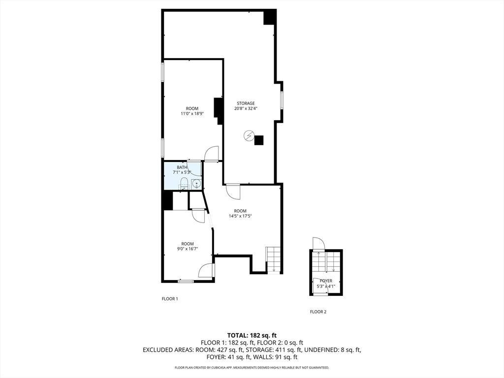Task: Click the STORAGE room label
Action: pos(246,103)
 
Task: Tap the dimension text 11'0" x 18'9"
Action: pos(192,114)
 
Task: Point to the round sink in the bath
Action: pos(196,185)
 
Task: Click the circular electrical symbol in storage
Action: pos(249,135)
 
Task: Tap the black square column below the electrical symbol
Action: pos(258,140)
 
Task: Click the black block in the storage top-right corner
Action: pos(270,17)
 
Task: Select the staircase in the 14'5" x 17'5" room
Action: pos(273,259)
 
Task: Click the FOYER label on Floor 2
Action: pos(326,281)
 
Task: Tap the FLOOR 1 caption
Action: pos(170,299)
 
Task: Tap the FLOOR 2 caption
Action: pos(318,312)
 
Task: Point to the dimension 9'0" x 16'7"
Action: pos(188,249)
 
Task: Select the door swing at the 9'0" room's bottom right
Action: pos(206,270)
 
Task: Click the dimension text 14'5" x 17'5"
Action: pos(240,216)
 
